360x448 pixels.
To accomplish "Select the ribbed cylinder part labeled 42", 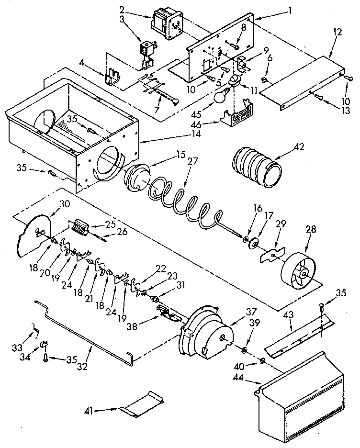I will (x=257, y=168).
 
